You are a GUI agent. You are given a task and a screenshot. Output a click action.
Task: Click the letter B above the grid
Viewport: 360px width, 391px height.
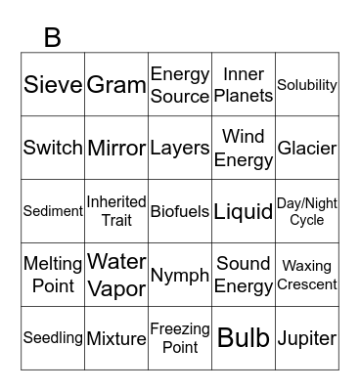pos(53,37)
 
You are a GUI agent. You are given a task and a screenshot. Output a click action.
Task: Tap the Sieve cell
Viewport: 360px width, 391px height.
pos(53,85)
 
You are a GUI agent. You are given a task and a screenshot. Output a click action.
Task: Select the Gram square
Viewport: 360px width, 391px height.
pos(116,85)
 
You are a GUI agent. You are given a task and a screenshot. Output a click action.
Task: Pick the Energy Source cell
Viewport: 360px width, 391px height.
pos(180,85)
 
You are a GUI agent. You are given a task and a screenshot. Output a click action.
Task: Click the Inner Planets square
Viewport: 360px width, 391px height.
pos(244,85)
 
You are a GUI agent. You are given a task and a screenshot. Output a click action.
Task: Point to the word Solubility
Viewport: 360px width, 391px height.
pos(307,85)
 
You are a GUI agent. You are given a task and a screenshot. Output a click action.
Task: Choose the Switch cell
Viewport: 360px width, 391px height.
pos(53,149)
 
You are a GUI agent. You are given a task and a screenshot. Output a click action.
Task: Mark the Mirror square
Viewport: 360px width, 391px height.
pos(116,149)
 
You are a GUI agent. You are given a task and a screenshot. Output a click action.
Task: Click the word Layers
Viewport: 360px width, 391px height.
pos(180,149)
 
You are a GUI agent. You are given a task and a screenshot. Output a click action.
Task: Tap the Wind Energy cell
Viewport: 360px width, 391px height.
pos(244,149)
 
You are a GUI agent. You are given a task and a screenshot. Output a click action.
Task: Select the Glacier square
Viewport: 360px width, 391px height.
pos(307,149)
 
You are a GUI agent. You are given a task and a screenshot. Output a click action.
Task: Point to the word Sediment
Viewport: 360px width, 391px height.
pos(53,211)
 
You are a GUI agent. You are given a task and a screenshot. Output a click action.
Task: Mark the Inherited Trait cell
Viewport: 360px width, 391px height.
pos(116,211)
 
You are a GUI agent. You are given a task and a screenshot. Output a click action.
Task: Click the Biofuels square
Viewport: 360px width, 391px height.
pos(180,211)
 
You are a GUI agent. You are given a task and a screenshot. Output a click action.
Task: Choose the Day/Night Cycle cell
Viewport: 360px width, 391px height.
pos(307,211)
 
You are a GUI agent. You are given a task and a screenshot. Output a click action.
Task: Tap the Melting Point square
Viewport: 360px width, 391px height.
pos(53,275)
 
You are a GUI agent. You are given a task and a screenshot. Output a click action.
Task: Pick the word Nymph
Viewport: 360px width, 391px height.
pos(180,275)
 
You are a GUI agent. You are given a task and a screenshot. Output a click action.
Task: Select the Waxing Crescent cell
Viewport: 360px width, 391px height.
pos(307,275)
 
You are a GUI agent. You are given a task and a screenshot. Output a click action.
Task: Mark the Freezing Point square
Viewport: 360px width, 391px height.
pos(180,338)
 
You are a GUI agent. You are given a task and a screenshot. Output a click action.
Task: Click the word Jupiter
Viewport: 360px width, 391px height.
pos(307,338)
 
